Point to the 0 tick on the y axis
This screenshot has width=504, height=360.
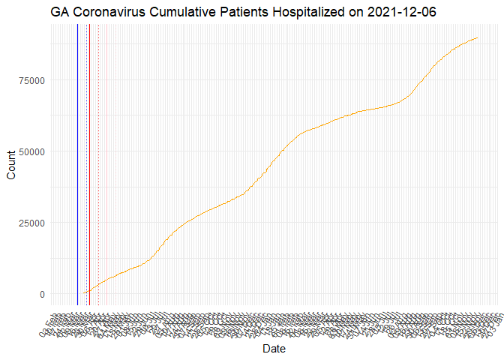42,294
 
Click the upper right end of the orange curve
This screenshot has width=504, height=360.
478,37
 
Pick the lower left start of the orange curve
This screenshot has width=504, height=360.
82,293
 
